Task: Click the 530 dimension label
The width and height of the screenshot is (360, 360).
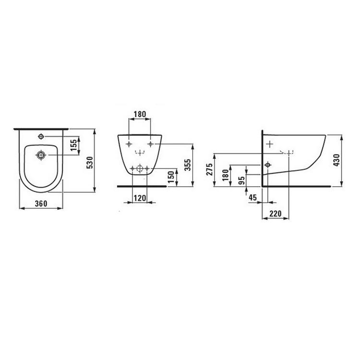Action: [90, 162]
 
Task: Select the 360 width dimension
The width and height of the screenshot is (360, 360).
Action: [41, 204]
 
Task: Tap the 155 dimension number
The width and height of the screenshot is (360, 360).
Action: [74, 145]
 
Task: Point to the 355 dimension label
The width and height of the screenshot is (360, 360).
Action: [188, 165]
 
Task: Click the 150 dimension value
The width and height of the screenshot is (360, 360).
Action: [171, 177]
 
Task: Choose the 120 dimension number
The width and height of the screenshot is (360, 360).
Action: [140, 198]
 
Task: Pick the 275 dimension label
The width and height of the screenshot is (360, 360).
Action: [209, 169]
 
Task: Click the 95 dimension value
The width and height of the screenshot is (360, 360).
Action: [241, 180]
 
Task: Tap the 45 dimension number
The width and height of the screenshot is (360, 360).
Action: [253, 197]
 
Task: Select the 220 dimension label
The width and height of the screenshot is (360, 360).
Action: [276, 214]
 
